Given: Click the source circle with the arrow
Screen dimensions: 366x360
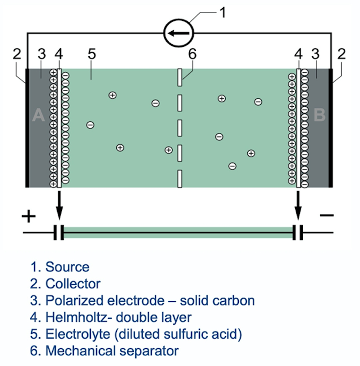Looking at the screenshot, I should (x=179, y=33).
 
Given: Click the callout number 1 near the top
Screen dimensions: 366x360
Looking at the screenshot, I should (x=222, y=13).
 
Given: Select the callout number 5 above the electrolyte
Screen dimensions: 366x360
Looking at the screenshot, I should (x=92, y=54).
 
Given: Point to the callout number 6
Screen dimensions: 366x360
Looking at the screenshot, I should (x=192, y=54).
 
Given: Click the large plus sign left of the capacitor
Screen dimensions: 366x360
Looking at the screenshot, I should (x=29, y=216).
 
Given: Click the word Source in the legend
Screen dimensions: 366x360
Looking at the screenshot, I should (x=67, y=267).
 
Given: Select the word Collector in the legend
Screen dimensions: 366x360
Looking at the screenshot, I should (x=73, y=283).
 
